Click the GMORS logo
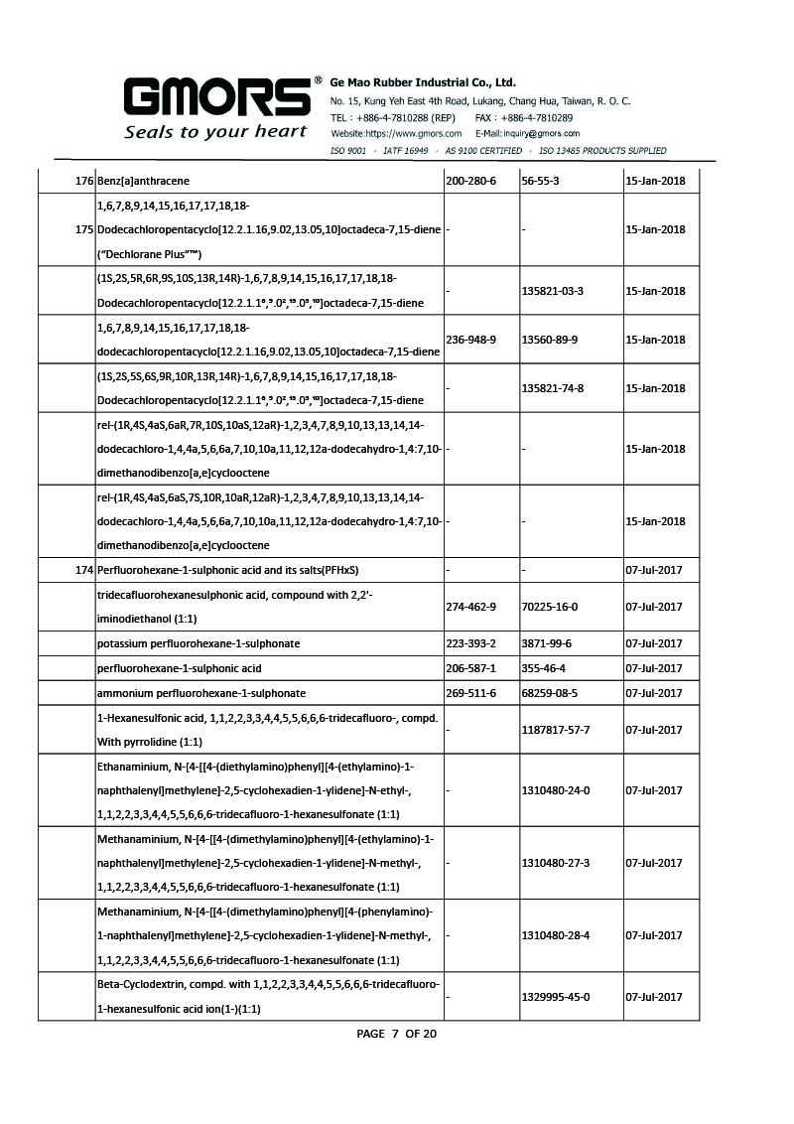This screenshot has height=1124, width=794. click(215, 97)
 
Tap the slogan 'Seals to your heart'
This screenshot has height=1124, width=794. click(215, 132)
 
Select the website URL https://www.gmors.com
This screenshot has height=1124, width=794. click(396, 133)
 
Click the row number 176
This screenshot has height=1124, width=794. click(83, 181)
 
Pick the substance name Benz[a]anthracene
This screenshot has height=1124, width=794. click(143, 181)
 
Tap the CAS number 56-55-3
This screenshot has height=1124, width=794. click(541, 181)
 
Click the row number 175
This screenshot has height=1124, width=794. click(83, 229)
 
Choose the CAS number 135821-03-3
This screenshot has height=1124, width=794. click(552, 291)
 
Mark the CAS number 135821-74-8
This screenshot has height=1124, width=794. click(552, 388)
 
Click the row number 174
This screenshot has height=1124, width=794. click(83, 570)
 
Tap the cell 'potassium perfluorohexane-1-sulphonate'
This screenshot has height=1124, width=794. click(198, 643)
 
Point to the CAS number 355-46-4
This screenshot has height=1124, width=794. click(544, 668)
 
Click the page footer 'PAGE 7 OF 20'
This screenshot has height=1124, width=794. click(396, 1034)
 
